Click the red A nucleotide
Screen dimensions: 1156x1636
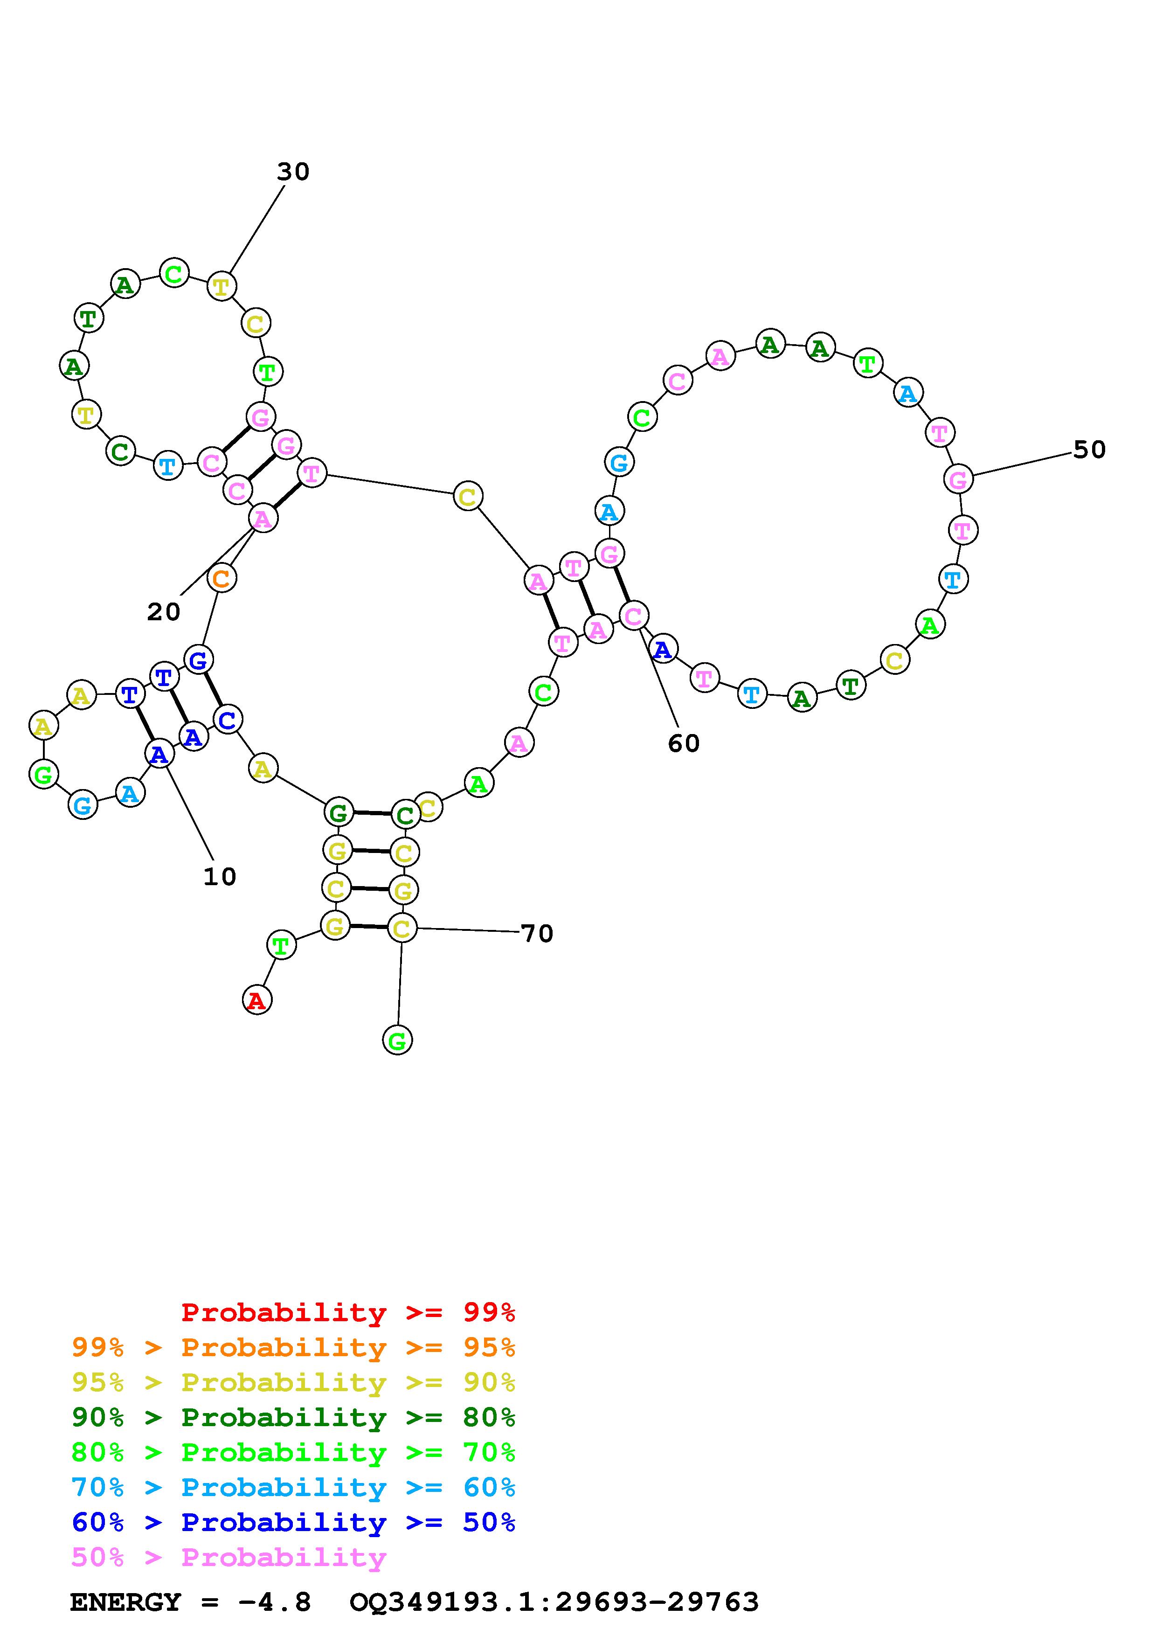click(x=256, y=1000)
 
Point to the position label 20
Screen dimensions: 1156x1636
click(x=164, y=612)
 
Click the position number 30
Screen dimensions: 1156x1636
click(x=293, y=172)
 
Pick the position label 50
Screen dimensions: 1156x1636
click(x=1089, y=450)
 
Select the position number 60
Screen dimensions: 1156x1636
click(x=684, y=744)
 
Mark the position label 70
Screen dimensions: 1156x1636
click(x=537, y=934)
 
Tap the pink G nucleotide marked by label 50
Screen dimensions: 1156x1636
click(x=958, y=479)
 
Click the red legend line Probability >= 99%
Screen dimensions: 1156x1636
click(x=348, y=1312)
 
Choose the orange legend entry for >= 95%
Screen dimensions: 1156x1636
click(x=293, y=1347)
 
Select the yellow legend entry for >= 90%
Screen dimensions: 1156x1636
click(x=293, y=1382)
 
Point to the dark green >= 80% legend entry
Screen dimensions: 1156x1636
click(x=293, y=1417)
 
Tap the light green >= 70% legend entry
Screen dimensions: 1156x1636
click(x=293, y=1452)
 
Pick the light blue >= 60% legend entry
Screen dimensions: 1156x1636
click(x=293, y=1487)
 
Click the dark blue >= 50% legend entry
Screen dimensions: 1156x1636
click(x=293, y=1522)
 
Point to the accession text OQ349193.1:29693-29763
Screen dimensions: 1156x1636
click(x=554, y=1602)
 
